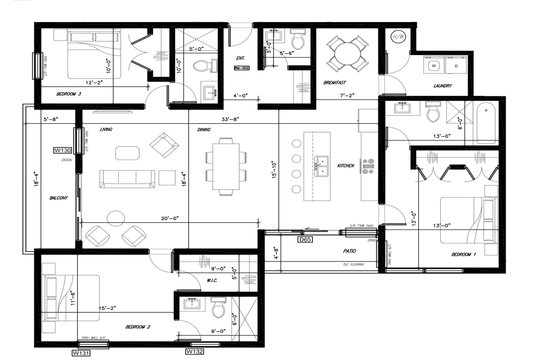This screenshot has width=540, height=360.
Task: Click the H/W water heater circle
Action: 398,37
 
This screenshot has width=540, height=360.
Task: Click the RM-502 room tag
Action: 241,68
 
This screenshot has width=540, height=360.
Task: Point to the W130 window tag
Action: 62,150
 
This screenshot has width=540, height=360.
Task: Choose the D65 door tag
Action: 304,239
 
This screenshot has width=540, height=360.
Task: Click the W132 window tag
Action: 195,351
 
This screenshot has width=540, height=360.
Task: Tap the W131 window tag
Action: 81,353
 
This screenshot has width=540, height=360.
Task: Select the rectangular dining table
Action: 226,166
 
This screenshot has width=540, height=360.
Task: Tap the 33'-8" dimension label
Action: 230,119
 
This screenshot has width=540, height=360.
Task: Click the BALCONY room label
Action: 58,198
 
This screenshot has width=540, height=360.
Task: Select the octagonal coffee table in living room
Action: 127,153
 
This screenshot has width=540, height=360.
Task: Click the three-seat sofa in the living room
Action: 127,179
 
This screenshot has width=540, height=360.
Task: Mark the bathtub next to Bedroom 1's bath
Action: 486,122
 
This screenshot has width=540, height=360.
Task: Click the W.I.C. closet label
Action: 212,280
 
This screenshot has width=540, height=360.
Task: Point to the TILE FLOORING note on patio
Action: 353,264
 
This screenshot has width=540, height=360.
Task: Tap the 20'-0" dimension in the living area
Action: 170,218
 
